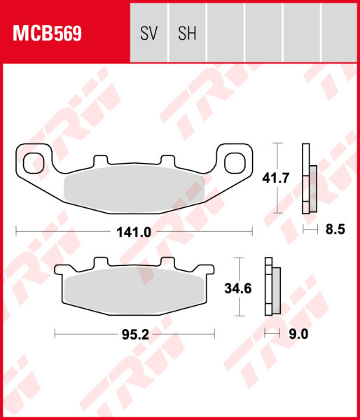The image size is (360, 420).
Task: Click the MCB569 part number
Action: pos(45,33)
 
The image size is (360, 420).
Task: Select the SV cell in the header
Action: pos(149,33)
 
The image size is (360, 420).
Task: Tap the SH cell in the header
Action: pos(187,33)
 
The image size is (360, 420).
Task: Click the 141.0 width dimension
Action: pos(133,231)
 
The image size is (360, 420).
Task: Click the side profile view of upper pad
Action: pos(307,178)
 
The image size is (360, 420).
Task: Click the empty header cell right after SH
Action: pos(225,33)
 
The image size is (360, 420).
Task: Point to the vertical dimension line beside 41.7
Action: pos(279,178)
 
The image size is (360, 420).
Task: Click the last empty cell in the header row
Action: pos(339,33)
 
